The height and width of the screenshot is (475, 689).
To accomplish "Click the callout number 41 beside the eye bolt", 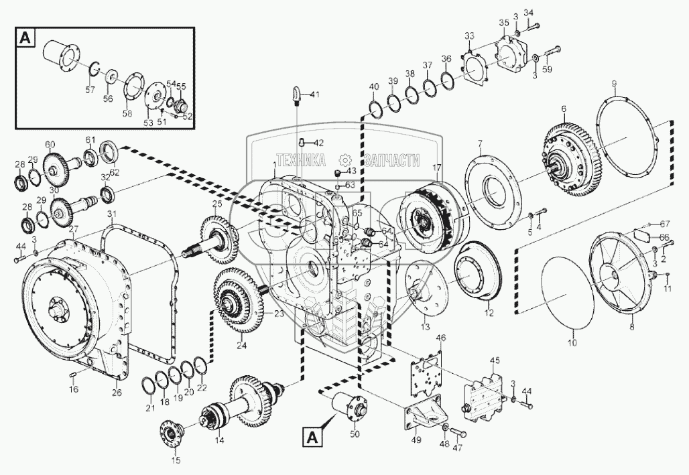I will [x=315, y=94].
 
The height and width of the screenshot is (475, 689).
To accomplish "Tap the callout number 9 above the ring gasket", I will [x=613, y=83].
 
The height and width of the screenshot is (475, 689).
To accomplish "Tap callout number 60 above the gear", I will [x=50, y=144].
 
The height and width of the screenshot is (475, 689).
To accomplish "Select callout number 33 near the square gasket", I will [x=469, y=36].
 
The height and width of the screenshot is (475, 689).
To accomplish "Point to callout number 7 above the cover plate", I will [x=480, y=143].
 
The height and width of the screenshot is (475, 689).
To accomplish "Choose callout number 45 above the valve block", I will [x=495, y=360].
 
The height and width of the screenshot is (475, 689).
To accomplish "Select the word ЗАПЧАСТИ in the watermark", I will [x=391, y=160].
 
